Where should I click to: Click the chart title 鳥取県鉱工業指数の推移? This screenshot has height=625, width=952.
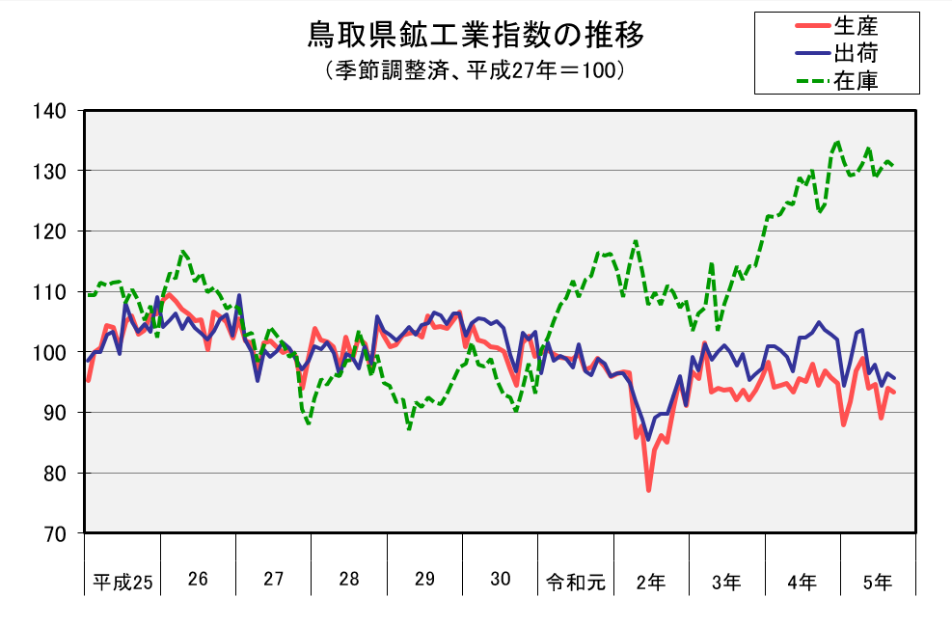[476, 37]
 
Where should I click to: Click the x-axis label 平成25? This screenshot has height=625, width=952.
[122, 582]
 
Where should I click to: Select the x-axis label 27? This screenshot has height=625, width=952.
[274, 580]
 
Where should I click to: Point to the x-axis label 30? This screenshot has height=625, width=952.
[500, 580]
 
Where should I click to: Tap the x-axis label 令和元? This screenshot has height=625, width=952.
[576, 582]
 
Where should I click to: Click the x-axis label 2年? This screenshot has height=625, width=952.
[651, 582]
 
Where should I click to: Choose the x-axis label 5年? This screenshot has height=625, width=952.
[878, 582]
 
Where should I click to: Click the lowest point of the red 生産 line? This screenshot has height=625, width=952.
[649, 490]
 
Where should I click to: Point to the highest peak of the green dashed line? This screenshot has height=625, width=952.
[837, 142]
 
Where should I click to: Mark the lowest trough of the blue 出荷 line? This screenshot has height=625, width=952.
[648, 439]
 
